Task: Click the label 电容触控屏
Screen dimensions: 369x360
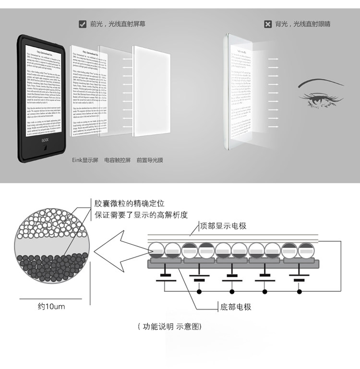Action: click(117, 160)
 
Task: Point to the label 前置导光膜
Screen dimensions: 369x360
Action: click(150, 160)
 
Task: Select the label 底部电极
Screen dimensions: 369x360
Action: click(236, 307)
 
